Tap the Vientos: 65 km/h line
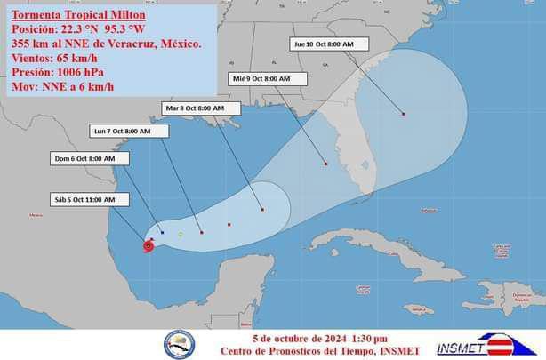(56, 59)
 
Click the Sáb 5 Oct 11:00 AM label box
(84, 200)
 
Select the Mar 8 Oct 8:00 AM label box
(201, 108)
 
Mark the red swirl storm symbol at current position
(148, 245)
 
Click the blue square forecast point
(162, 232)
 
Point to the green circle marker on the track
(180, 235)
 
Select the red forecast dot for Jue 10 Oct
(403, 114)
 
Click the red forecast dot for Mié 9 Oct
(326, 164)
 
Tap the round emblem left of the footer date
(179, 344)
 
